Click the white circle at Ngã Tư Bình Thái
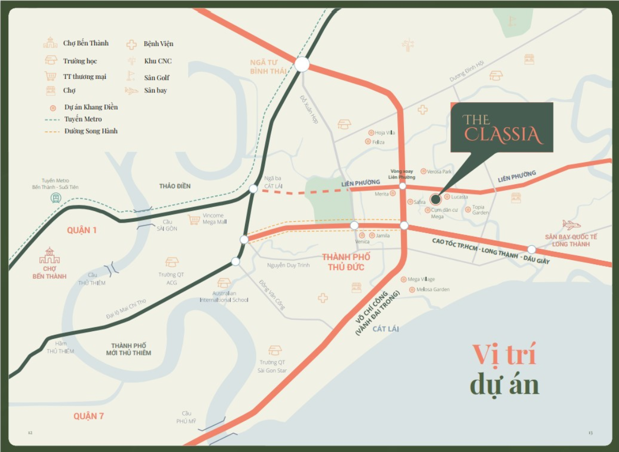pyautogui.click(x=302, y=64)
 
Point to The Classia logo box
pyautogui.click(x=502, y=127)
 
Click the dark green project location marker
pyautogui.click(x=435, y=199)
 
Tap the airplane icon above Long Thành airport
pyautogui.click(x=571, y=224)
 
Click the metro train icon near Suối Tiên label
pyautogui.click(x=56, y=198)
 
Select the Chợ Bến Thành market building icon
pyautogui.click(x=50, y=255)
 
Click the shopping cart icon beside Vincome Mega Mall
pyautogui.click(x=194, y=220)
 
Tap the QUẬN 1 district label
pyautogui.click(x=82, y=230)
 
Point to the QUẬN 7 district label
pyautogui.click(x=88, y=416)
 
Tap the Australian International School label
pyautogui.click(x=224, y=297)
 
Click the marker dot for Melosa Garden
pyautogui.click(x=412, y=289)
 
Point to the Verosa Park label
pyautogui.click(x=439, y=171)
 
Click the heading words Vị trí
pyautogui.click(x=504, y=355)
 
